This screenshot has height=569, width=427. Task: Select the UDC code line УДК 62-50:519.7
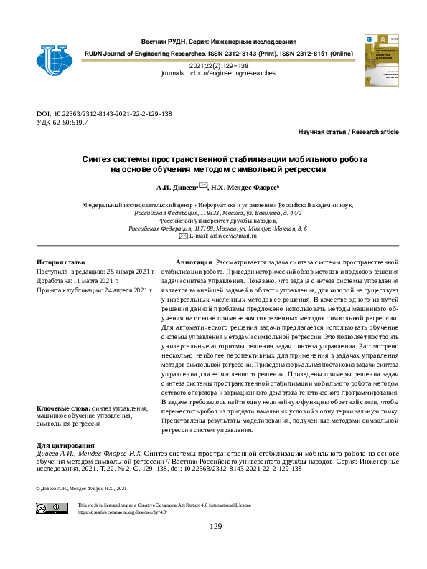(62, 123)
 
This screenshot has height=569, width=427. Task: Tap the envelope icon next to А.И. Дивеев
(204, 185)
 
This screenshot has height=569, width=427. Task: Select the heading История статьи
(61, 263)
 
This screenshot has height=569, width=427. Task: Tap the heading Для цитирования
(65, 445)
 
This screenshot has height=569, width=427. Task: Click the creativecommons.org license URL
(121, 512)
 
